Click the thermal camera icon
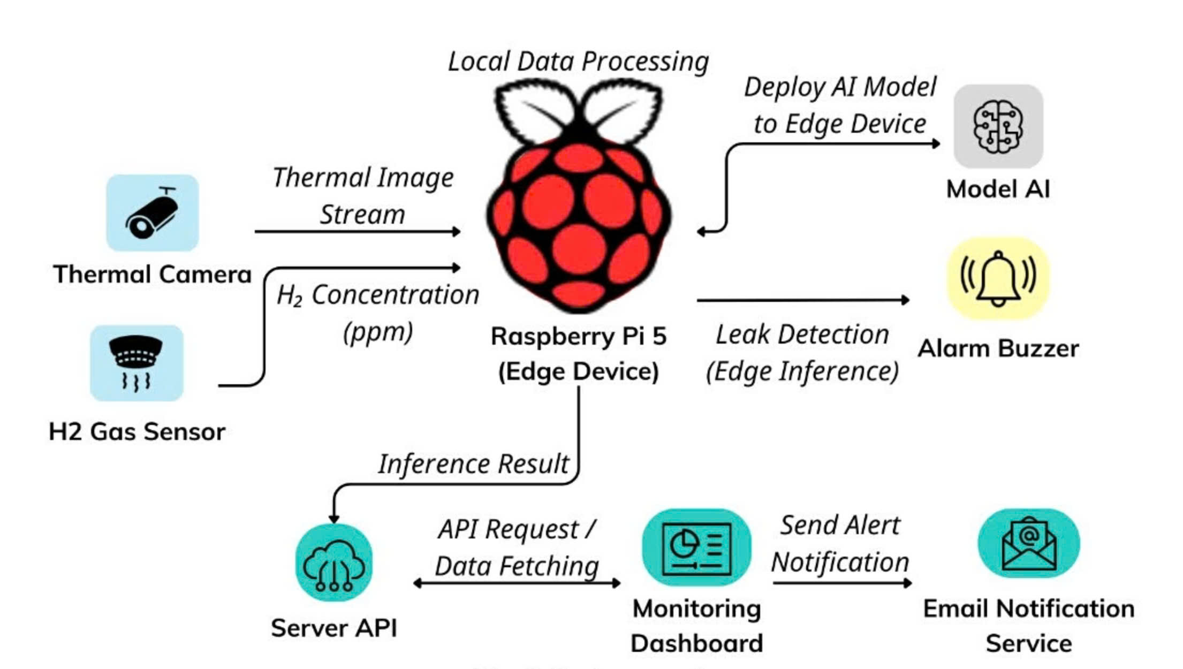click(x=153, y=213)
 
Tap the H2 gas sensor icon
click(x=136, y=363)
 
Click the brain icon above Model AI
click(x=998, y=127)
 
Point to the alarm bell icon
click(x=998, y=279)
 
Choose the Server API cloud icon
click(x=334, y=563)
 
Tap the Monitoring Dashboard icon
click(x=696, y=548)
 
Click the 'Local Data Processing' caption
click(x=578, y=62)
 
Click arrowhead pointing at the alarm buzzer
click(x=905, y=300)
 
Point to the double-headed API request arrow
click(x=517, y=583)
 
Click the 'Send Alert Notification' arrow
click(x=841, y=583)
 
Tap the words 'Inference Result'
click(x=473, y=463)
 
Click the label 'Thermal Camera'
click(x=153, y=275)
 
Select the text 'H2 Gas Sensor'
click(x=137, y=432)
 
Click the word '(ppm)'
click(x=378, y=332)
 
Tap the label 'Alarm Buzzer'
click(x=998, y=349)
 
